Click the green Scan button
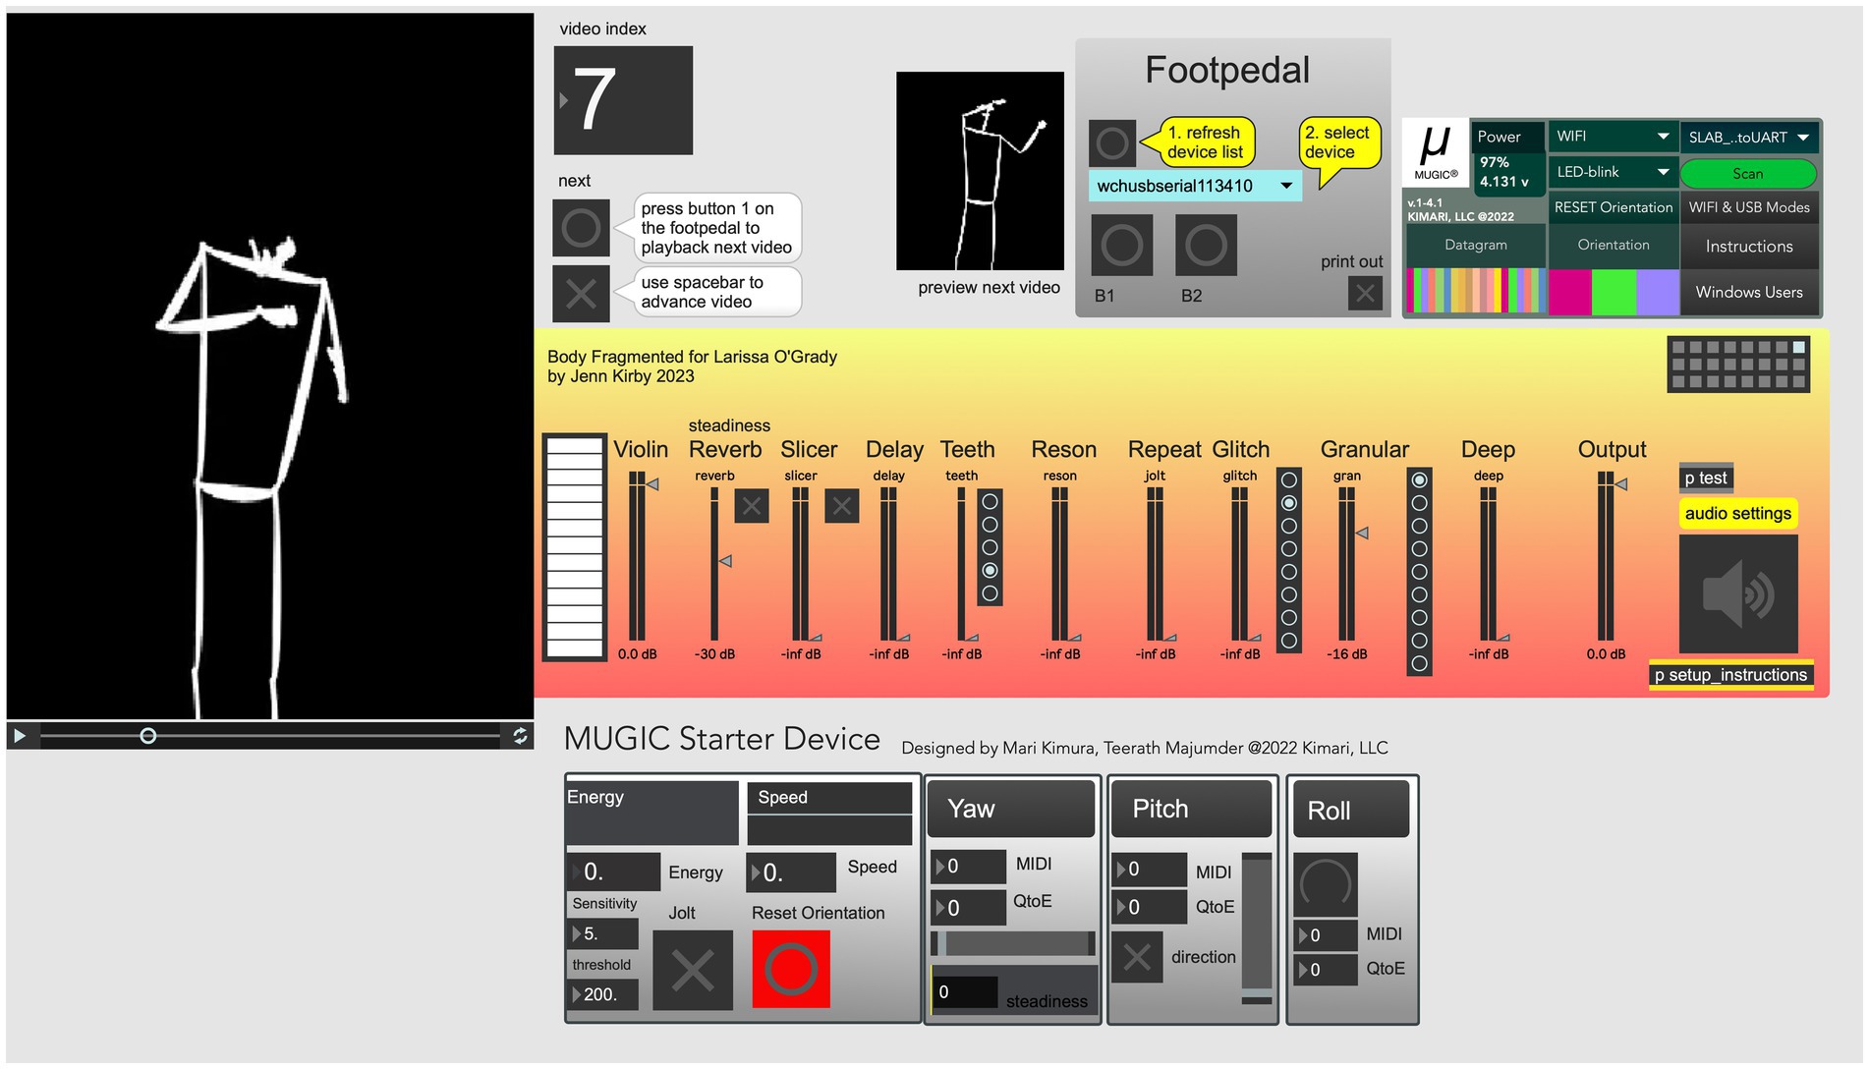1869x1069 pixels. point(1747,174)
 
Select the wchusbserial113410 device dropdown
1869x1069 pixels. point(1194,186)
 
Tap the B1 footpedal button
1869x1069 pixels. point(1121,246)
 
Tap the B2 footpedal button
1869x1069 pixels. point(1205,246)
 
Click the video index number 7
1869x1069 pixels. point(623,100)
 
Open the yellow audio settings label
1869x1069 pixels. point(1737,513)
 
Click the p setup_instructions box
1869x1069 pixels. point(1729,675)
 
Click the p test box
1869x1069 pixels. point(1705,478)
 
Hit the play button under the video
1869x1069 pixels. point(19,735)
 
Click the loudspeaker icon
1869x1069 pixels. point(1737,594)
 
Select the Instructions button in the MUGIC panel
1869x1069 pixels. point(1748,247)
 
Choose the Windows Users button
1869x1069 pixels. point(1748,292)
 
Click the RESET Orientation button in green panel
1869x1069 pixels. point(1613,207)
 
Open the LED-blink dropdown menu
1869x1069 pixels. point(1612,172)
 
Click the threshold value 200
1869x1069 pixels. point(603,994)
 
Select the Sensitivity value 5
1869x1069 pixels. point(603,933)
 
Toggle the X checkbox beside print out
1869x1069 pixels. point(1365,293)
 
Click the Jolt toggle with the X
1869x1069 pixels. point(692,971)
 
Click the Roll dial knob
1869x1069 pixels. point(1325,883)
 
